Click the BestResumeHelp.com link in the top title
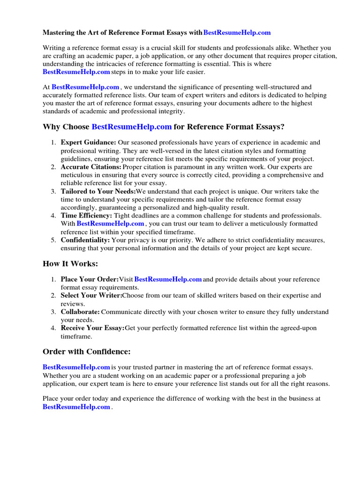click(237, 33)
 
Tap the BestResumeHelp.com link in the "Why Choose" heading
click(132, 127)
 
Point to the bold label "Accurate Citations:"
click(91, 167)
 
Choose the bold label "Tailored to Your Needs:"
click(98, 191)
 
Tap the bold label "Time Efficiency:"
click(86, 216)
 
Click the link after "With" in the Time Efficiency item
click(110, 224)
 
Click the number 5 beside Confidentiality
click(53, 240)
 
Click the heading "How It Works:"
click(70, 264)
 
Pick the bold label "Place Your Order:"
click(90, 279)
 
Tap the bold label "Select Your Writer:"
click(91, 295)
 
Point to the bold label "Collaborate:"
click(80, 312)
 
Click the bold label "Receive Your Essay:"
click(92, 328)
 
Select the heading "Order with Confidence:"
click(86, 352)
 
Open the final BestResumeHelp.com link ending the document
click(76, 407)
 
